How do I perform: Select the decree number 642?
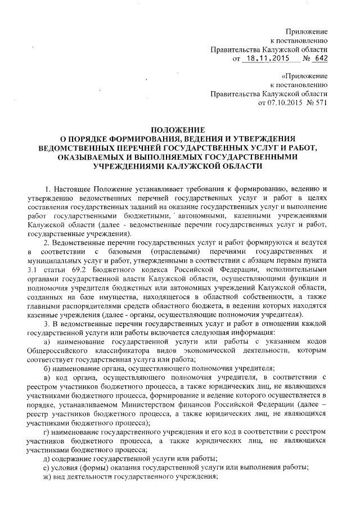[321, 58]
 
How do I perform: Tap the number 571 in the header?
[321, 103]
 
